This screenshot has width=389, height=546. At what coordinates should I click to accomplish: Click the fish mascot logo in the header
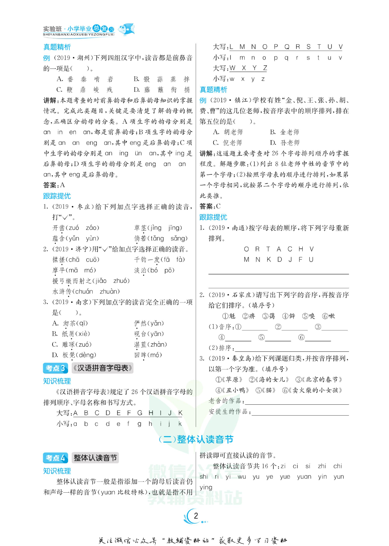pos(126,29)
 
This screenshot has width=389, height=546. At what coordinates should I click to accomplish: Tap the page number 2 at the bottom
pos(196,516)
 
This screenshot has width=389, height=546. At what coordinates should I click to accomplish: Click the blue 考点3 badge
pos(55,368)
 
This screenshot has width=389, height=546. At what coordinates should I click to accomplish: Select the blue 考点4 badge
pos(55,458)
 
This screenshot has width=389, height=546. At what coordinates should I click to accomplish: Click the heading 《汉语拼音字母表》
pos(103,368)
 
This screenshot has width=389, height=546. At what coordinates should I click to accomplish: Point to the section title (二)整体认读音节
pos(196,439)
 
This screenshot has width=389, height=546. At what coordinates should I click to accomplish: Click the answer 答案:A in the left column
pos(54,185)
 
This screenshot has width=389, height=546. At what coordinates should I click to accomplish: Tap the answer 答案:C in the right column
pos(210,206)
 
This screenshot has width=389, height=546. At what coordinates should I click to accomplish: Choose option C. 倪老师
pos(227,143)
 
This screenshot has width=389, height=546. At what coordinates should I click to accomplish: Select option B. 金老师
pos(284,132)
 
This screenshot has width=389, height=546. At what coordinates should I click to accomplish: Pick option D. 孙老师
pos(284,143)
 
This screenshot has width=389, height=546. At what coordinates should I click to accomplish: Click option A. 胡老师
pos(228,132)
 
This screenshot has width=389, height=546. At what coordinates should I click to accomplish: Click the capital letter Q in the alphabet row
pos(287,47)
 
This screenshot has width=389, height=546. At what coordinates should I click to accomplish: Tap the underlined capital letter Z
pos(265,68)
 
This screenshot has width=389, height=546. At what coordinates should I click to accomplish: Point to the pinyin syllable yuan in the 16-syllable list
pos(304,477)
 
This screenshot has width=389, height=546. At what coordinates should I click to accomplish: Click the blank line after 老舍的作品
pos(297,401)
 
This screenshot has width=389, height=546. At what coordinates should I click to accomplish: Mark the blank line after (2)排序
pos(292,348)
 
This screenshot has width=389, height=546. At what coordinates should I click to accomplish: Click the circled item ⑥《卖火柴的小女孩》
pos(312,390)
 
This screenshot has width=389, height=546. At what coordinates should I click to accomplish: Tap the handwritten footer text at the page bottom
pos(193,541)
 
